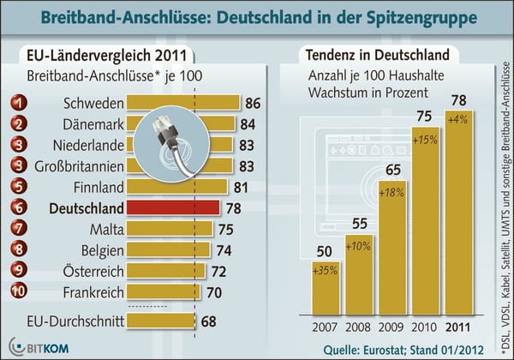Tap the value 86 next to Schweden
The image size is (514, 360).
pos(252,104)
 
